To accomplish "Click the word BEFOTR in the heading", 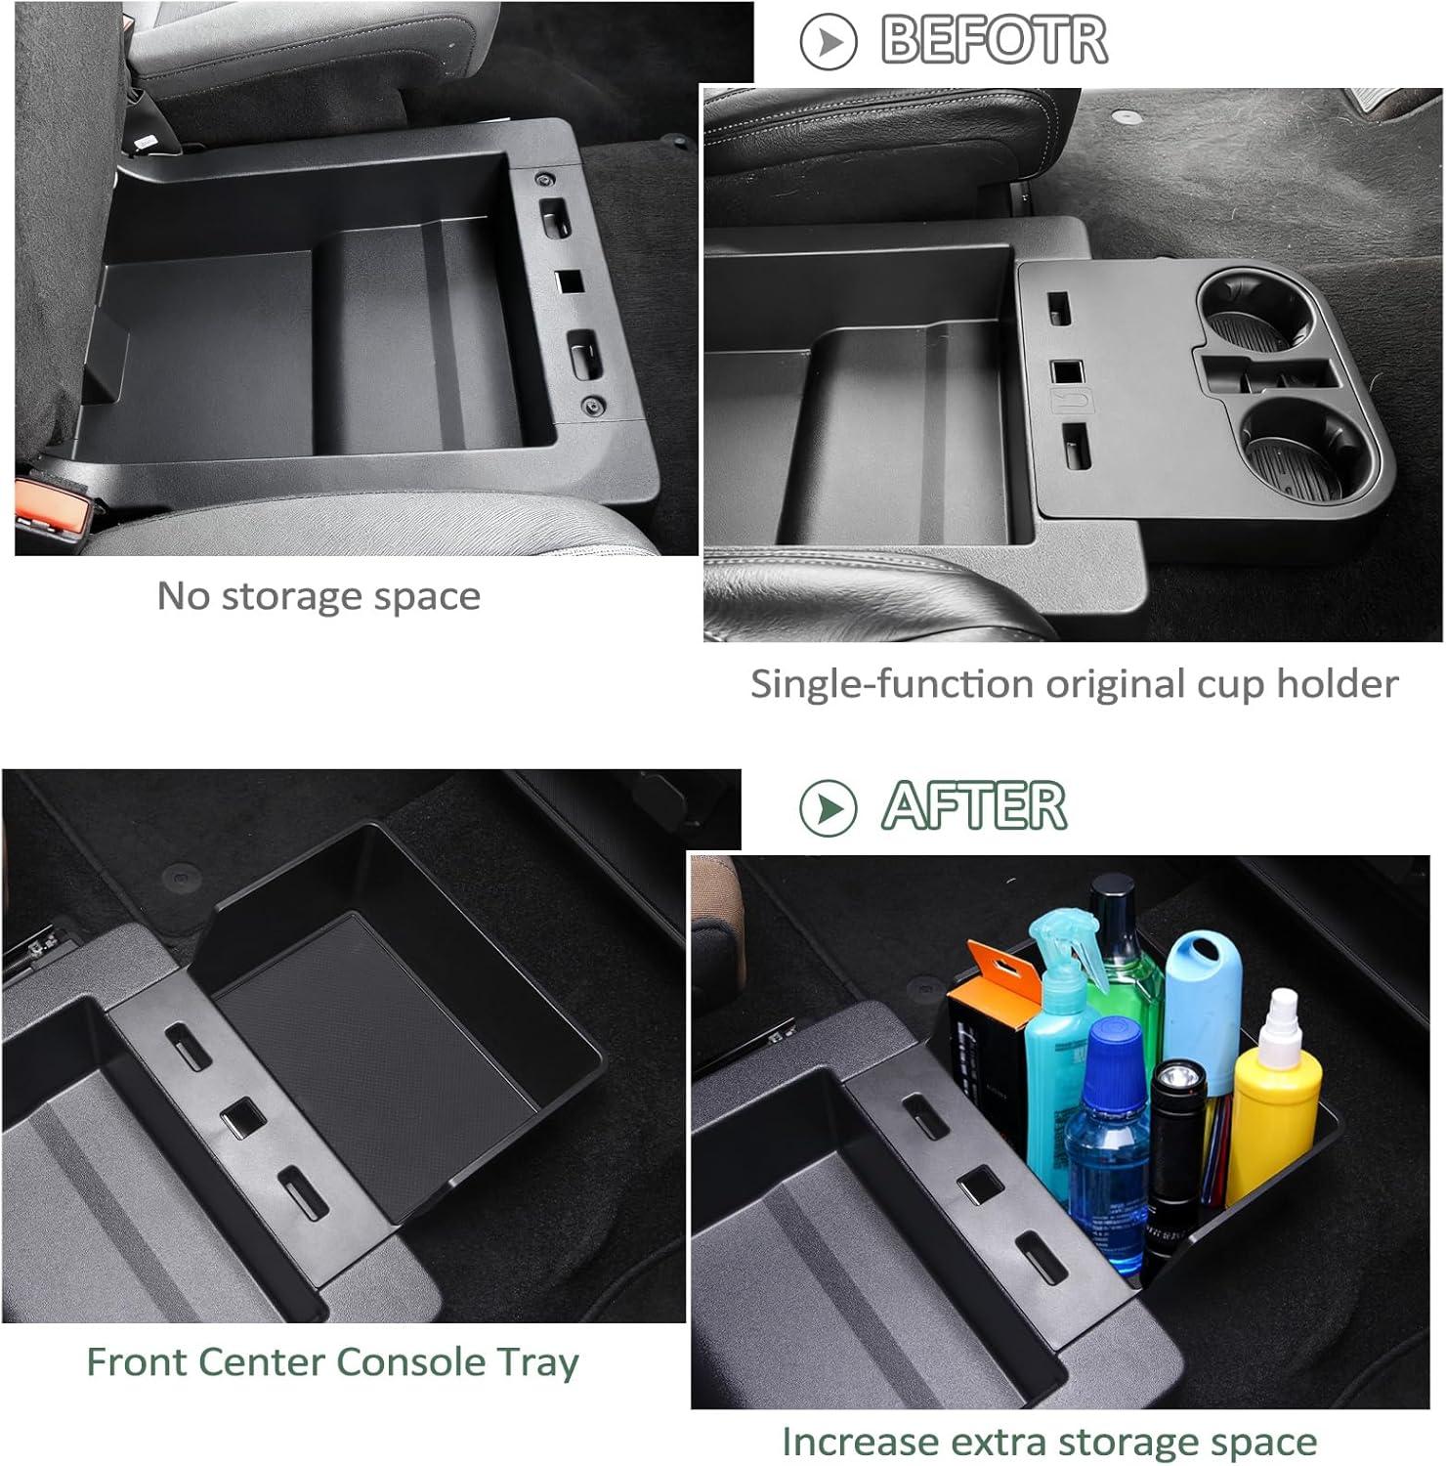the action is [995, 40].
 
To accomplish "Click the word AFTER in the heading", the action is [974, 806].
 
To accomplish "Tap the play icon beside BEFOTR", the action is [828, 41].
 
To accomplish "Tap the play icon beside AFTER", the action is [828, 807].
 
